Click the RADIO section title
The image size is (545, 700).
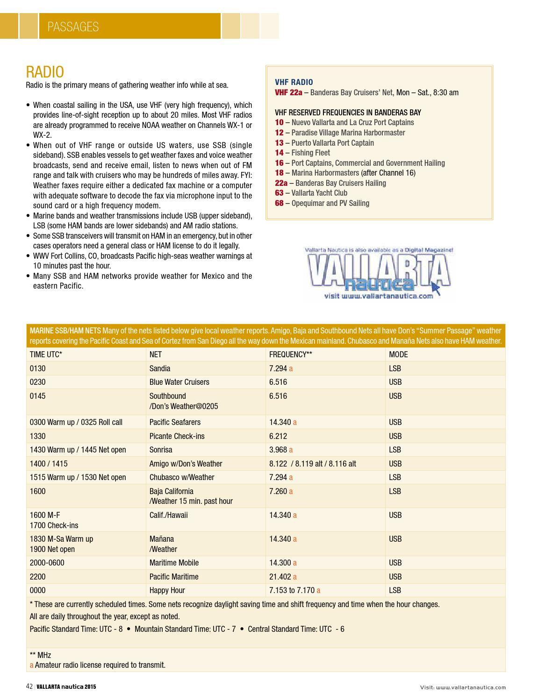click(45, 72)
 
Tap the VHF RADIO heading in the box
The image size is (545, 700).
click(294, 82)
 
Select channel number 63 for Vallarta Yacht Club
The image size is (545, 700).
click(279, 193)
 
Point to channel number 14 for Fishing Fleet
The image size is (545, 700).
click(279, 153)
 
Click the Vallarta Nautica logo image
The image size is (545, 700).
click(379, 273)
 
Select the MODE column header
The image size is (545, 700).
click(398, 354)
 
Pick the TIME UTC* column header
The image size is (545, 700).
click(46, 354)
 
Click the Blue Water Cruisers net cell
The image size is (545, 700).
click(179, 382)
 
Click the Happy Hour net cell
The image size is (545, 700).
click(167, 590)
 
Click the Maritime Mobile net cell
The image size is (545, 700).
click(174, 563)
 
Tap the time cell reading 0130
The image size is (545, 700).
click(37, 368)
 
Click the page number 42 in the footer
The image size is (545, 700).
click(29, 686)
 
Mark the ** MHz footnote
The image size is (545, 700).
click(40, 655)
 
